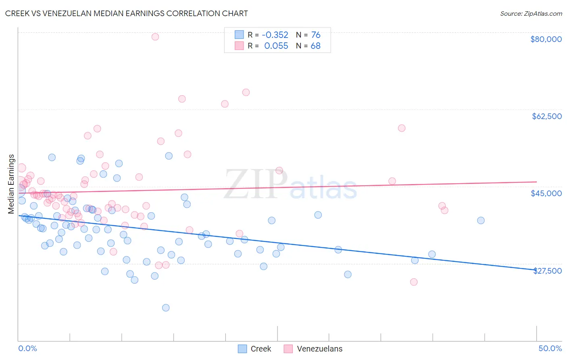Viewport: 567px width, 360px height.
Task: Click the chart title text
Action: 126,13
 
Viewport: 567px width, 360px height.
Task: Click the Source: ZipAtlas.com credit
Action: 531,14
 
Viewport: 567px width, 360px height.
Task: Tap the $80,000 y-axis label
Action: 546,39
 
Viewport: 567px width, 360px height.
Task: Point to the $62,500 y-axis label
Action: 546,116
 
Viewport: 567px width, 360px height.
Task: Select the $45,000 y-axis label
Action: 546,193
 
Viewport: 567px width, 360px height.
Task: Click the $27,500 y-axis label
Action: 547,271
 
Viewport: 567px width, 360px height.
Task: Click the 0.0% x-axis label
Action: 27,348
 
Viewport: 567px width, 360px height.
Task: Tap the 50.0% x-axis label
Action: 550,348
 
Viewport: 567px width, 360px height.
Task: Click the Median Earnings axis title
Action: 11,184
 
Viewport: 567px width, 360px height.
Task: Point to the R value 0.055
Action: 276,46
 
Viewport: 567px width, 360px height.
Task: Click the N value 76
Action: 315,35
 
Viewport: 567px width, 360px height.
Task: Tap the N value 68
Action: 315,46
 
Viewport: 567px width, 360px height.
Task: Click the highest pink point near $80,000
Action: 155,37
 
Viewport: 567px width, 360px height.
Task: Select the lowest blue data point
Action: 166,308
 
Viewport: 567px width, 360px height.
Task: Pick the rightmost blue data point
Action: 481,220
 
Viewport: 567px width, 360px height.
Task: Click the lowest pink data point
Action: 413,282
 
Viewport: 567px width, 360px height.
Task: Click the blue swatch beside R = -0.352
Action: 239,35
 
